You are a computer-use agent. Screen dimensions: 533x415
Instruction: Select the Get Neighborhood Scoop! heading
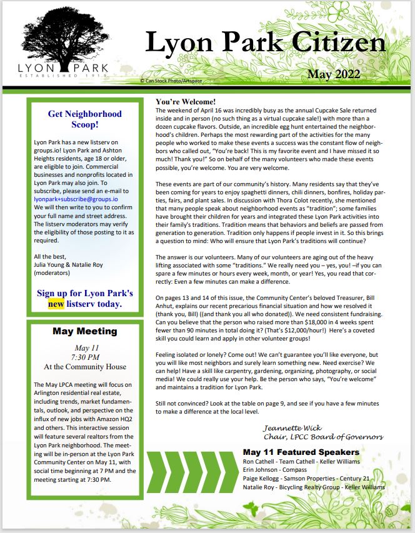point(84,119)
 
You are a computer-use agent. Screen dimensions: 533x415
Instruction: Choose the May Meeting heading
point(84,331)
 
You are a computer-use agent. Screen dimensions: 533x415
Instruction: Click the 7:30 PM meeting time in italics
point(84,356)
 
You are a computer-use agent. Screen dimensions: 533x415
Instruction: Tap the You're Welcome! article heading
point(186,101)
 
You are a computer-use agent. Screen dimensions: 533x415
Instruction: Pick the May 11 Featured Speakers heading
point(301,451)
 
